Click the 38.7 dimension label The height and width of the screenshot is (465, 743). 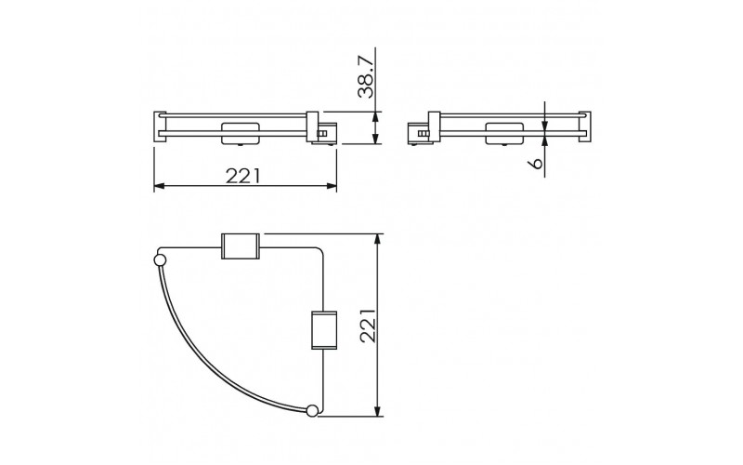click(366, 76)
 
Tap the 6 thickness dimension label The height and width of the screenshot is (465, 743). click(536, 164)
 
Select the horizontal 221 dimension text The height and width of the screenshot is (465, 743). click(243, 176)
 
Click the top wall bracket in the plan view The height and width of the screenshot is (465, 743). click(241, 246)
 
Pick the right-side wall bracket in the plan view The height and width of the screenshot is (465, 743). click(324, 330)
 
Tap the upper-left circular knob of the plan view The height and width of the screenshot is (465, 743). click(160, 259)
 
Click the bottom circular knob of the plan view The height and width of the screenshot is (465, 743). click(312, 410)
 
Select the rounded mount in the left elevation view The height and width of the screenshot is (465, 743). click(241, 133)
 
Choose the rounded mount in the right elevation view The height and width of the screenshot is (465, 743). click(504, 133)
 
